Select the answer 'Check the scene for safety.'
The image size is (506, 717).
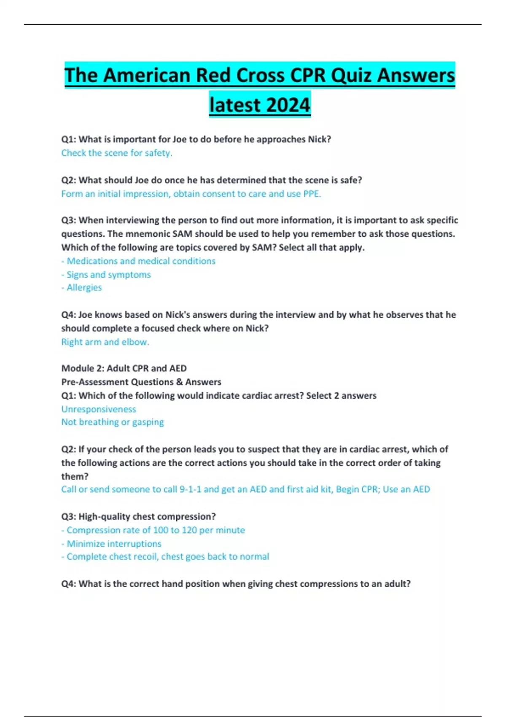[117, 153]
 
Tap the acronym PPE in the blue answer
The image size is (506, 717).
[312, 194]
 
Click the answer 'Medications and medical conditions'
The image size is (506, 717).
[141, 261]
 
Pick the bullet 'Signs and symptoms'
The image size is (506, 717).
[108, 275]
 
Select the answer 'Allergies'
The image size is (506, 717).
[84, 288]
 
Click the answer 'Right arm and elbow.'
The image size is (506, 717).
[105, 342]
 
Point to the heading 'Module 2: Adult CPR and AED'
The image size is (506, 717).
[124, 368]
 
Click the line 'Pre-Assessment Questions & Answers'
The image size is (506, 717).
[141, 382]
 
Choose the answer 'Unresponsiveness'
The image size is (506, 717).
[99, 409]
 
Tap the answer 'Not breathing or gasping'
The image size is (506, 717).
[113, 422]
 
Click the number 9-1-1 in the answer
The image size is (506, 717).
[191, 489]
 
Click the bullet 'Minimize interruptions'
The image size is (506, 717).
[114, 544]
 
